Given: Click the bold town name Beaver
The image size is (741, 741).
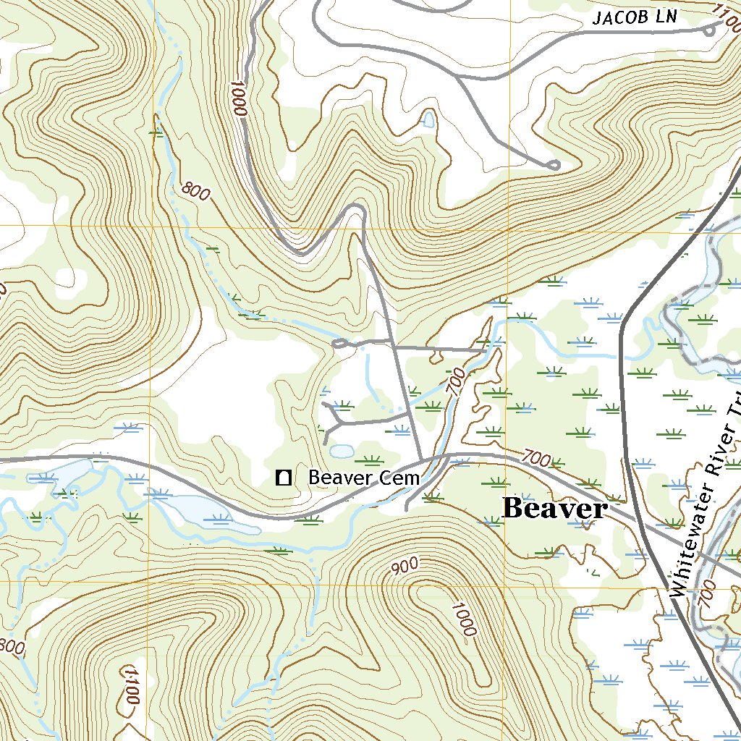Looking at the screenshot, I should (555, 509).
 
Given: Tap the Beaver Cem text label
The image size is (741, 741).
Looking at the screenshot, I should (364, 478).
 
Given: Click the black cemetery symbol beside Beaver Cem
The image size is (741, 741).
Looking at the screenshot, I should (284, 477).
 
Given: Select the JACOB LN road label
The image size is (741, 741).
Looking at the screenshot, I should (635, 17).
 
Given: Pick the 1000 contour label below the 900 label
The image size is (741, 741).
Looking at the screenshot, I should (464, 619).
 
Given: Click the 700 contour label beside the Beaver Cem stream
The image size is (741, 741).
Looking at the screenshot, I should (455, 380).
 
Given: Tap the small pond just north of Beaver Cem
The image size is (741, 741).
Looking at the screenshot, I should (342, 452).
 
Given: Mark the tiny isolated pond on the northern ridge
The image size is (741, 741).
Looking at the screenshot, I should (428, 119).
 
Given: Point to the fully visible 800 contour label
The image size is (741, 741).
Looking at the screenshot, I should (196, 192).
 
